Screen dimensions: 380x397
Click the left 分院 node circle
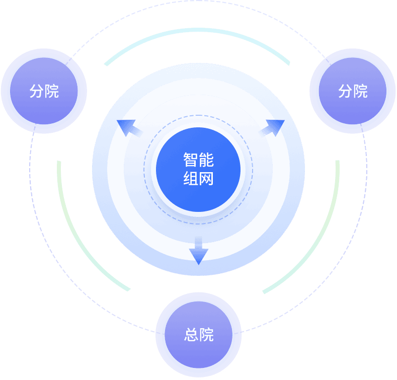click(44, 91)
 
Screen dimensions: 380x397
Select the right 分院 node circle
click(353, 91)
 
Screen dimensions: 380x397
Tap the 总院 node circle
click(198, 335)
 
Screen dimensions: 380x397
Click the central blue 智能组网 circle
click(198, 169)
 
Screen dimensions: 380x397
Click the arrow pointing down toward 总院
click(199, 252)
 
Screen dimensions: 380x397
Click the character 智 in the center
click(190, 160)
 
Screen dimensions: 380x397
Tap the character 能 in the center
click(206, 160)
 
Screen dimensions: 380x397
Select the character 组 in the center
click(190, 178)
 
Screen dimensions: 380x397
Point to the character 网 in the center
click(206, 178)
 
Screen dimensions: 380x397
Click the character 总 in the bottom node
click(191, 335)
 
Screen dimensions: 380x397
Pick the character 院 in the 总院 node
click(206, 335)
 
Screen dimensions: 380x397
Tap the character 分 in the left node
click(36, 91)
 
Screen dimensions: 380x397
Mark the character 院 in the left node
click(52, 91)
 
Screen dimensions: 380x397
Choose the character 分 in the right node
click(345, 91)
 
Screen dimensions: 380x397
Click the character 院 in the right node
click(361, 91)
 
